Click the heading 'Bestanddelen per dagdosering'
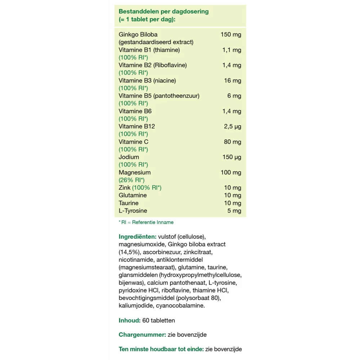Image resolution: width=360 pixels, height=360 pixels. (163, 11)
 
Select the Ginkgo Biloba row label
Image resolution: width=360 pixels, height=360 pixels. (138, 35)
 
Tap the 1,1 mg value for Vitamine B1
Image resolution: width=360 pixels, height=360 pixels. (231, 50)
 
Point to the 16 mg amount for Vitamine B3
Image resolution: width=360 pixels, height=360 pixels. (233, 81)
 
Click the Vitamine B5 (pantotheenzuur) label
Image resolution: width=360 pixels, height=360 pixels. (159, 96)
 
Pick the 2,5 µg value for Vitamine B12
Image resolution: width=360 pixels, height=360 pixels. (232, 126)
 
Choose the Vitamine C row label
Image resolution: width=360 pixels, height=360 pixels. (133, 142)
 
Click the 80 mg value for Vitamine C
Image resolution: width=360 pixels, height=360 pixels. (233, 142)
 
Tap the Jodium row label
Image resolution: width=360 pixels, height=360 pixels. (129, 157)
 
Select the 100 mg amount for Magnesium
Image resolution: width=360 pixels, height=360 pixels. (231, 172)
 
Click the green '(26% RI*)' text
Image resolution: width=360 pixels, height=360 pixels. (131, 180)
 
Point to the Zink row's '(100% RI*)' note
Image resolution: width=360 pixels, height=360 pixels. (147, 188)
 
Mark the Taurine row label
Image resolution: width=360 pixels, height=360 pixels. (129, 203)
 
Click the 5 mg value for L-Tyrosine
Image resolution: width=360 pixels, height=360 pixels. (234, 211)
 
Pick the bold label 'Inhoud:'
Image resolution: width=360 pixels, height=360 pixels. (130, 320)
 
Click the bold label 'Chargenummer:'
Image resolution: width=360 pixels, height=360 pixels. (142, 334)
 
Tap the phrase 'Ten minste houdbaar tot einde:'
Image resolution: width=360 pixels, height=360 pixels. (161, 349)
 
